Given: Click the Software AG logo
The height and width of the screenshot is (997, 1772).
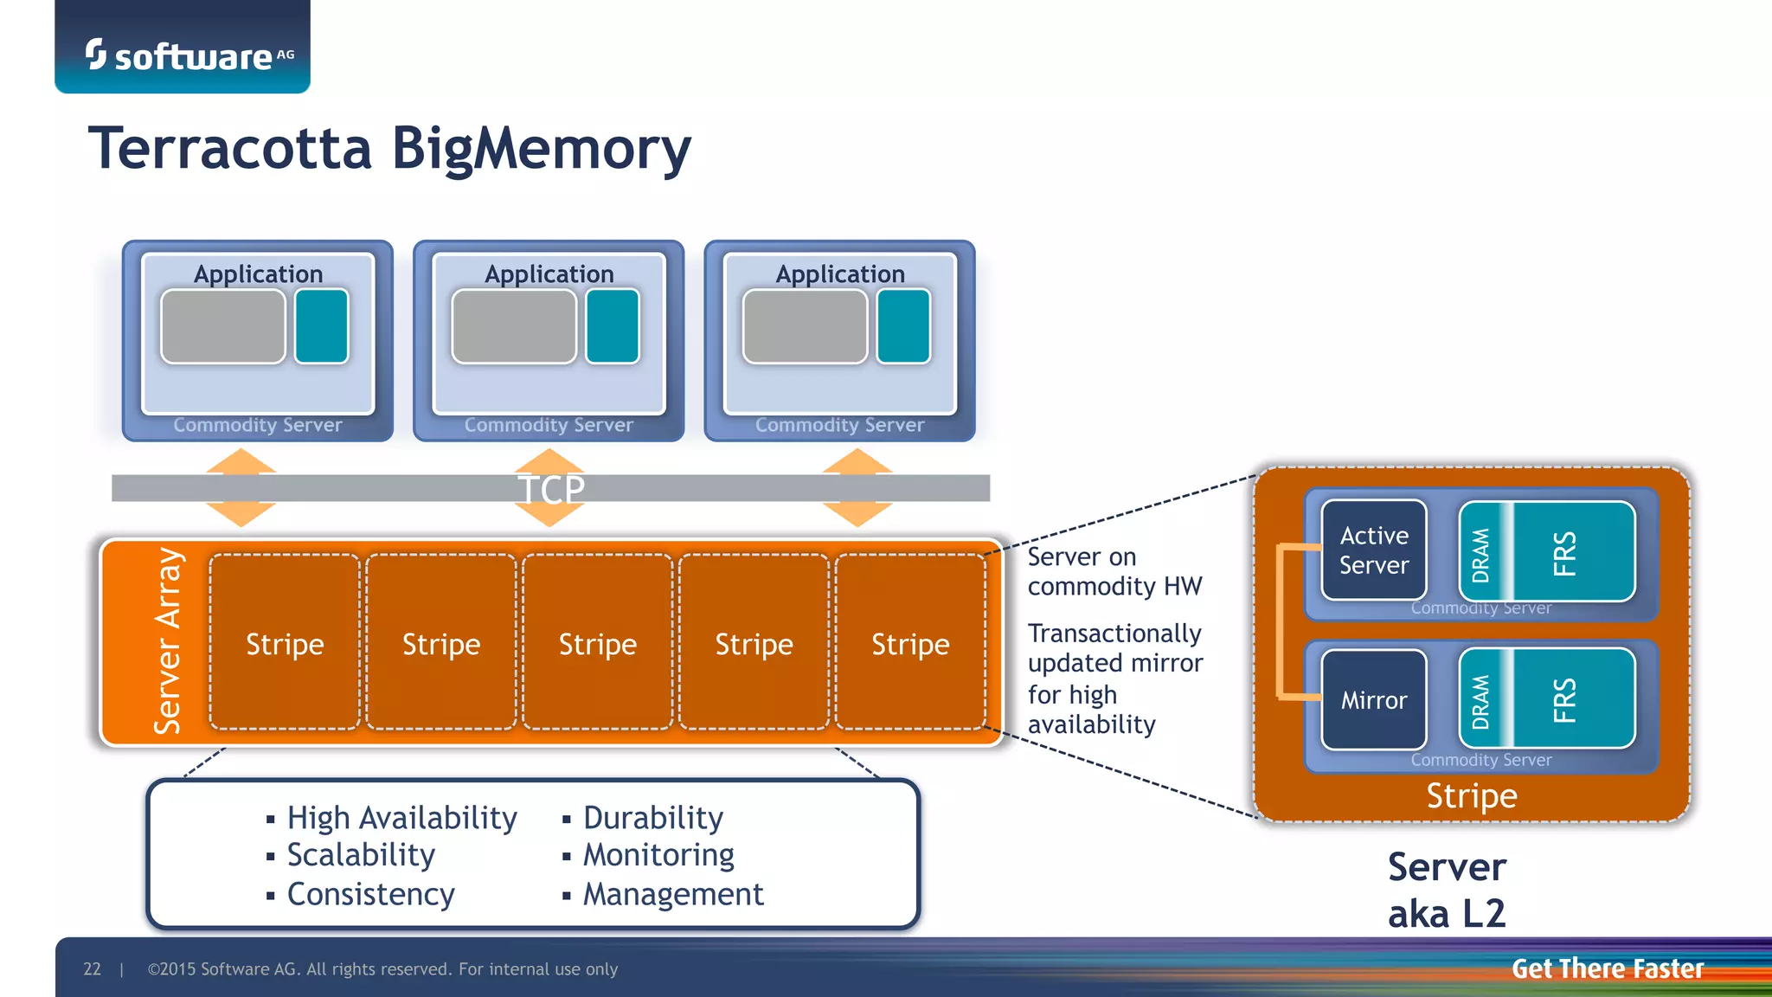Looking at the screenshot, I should click(x=189, y=55).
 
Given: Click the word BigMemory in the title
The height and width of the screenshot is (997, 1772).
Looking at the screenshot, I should click(x=541, y=149).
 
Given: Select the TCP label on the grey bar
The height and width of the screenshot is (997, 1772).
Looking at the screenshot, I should click(x=551, y=489).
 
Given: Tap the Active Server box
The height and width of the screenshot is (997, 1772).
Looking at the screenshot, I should click(x=1373, y=550).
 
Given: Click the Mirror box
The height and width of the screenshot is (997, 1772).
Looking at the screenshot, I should click(x=1373, y=699).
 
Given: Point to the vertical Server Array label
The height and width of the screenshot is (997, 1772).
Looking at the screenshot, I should click(x=168, y=641).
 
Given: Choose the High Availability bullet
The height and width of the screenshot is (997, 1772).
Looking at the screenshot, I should click(x=401, y=818).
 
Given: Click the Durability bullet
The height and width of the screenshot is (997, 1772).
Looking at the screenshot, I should click(x=652, y=818).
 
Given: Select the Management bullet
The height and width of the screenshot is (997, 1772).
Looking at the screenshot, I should click(x=672, y=894).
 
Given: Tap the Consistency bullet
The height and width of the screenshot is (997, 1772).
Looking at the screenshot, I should click(x=370, y=894).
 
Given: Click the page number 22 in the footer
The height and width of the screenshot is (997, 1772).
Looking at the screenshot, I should click(x=92, y=969).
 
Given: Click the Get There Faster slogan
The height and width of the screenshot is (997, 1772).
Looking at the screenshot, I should click(x=1607, y=968).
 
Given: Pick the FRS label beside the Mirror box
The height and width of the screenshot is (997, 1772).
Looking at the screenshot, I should click(x=1564, y=699).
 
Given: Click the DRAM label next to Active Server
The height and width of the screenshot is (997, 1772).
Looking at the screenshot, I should click(x=1481, y=554).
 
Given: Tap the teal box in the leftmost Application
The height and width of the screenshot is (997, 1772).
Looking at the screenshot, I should click(x=321, y=326).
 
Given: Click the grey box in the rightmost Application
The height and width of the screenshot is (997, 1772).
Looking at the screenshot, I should click(x=805, y=326).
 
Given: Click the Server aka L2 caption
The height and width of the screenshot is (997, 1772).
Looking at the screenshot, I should click(x=1447, y=890).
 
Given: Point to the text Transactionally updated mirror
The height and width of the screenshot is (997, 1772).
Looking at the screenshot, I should click(x=1114, y=648).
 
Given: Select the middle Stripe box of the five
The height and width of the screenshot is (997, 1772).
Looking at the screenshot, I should click(x=597, y=642).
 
